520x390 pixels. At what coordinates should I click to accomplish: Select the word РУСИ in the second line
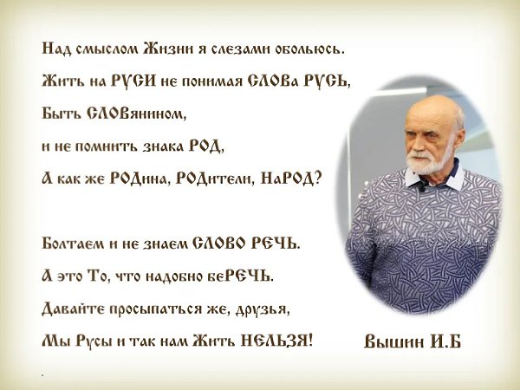pyautogui.click(x=133, y=81)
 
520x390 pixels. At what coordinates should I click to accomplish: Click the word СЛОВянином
pyautogui.click(x=137, y=114)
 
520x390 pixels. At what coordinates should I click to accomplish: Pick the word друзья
pyautogui.click(x=263, y=309)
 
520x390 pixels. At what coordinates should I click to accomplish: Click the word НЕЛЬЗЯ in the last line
pyautogui.click(x=276, y=341)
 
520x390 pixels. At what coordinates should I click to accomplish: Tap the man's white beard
pyautogui.click(x=428, y=161)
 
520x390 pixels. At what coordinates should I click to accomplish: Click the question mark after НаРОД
pyautogui.click(x=317, y=179)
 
